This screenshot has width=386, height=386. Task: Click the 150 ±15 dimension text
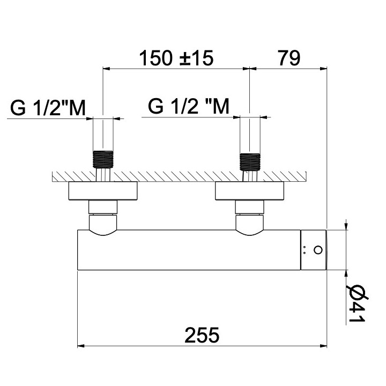176,58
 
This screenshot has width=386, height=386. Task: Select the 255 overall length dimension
202,335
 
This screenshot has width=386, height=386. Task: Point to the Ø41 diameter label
355,303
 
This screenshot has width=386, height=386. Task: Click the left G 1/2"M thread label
48,108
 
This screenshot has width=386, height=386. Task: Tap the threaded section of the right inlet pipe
250,161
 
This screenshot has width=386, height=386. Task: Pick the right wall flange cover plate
250,191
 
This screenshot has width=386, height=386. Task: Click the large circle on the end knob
318,250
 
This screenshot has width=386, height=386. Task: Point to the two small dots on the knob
305,250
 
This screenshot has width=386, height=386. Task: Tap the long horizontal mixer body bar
188,250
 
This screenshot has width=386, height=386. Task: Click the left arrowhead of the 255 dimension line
81,346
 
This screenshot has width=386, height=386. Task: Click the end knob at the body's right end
314,250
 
